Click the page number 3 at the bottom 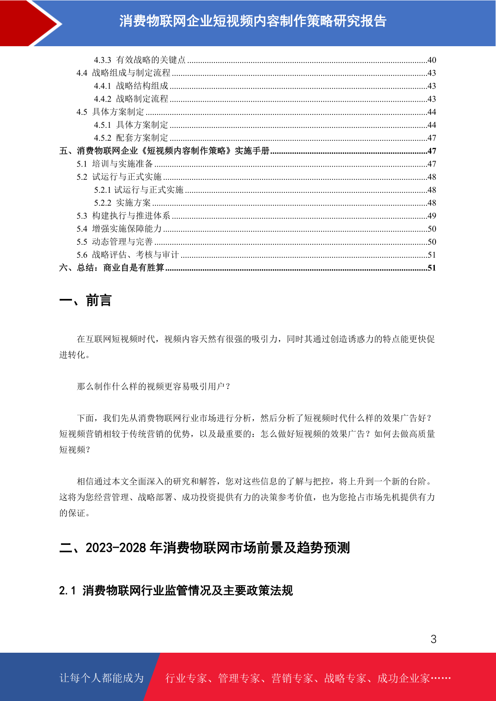[433, 639]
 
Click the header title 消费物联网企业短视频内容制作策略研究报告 [253, 21]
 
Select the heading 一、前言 [85, 300]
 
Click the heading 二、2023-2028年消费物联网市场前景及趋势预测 [204, 547]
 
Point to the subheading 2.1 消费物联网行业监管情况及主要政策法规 [176, 590]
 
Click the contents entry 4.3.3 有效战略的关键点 [140, 60]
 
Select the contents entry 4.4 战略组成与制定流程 [123, 73]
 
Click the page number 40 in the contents [431, 60]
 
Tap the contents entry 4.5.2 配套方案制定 [131, 138]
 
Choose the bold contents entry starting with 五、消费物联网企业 [165, 151]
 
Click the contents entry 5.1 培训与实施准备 [115, 164]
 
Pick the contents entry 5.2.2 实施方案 [122, 203]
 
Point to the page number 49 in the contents [431, 216]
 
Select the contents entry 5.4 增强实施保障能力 [119, 229]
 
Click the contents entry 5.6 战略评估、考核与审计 [127, 255]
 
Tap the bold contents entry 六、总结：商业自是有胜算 [112, 268]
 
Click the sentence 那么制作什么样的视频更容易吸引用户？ [154, 386]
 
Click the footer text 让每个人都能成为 [102, 678]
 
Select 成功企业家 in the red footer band [403, 678]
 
